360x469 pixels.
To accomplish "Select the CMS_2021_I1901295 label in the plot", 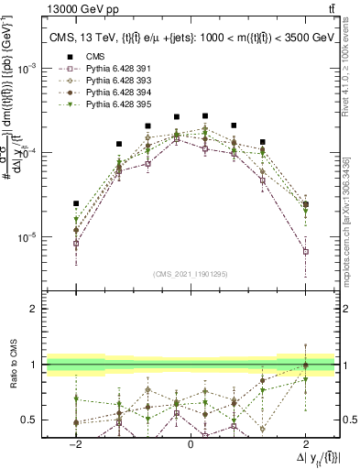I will tap(191, 274).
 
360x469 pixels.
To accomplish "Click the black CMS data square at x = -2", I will tap(76, 203).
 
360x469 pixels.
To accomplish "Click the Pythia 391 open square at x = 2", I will tap(305, 251).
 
